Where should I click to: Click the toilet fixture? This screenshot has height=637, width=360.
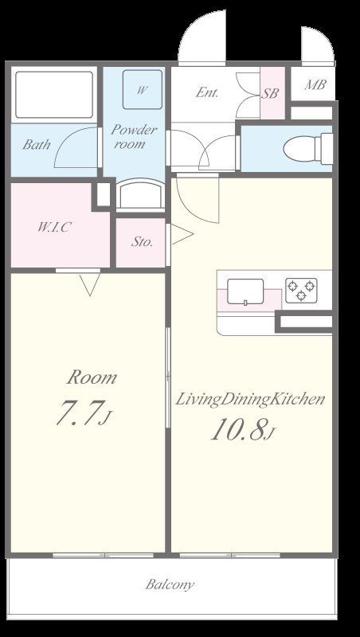pos(307,149)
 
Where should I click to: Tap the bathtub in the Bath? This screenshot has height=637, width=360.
pos(54,95)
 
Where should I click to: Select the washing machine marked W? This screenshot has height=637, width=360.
pos(143,89)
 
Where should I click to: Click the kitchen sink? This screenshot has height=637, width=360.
pos(245,291)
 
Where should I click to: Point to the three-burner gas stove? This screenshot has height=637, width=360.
pos(301,290)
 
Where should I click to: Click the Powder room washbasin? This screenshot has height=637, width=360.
pos(141,194)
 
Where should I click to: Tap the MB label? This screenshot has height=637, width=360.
pos(315,85)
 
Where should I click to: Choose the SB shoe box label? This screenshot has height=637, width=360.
pos(270,93)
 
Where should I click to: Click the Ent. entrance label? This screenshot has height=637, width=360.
pos(207,92)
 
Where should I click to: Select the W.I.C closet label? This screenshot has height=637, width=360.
pos(53,227)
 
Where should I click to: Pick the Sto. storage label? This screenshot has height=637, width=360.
pos(142,242)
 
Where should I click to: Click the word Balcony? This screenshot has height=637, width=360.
pos(170,584)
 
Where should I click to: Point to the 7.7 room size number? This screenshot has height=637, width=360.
pos(78,412)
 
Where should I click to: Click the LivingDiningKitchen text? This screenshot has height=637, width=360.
pos(250,400)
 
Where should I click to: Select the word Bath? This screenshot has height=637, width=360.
pos(37,144)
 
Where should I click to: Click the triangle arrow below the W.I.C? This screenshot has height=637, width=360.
pos(90,284)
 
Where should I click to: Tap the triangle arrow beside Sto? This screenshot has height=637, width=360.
pos(182,235)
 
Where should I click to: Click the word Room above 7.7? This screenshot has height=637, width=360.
pos(92,377)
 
